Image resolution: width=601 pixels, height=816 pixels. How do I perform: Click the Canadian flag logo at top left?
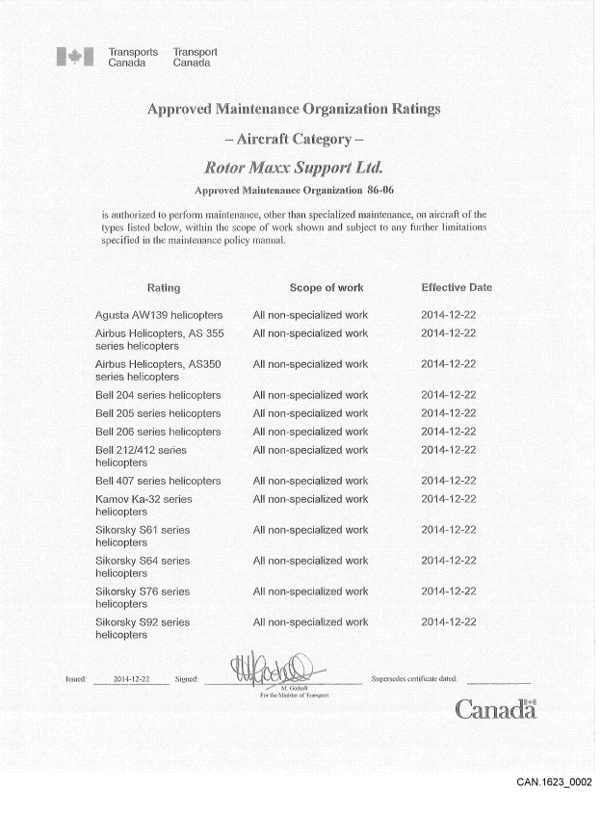point(75,58)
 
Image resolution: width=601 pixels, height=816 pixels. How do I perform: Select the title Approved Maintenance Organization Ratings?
point(294,108)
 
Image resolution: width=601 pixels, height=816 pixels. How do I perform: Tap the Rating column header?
point(163,288)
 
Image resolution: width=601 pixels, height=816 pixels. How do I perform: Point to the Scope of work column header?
point(327,288)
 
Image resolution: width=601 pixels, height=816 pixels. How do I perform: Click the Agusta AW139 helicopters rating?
point(159,315)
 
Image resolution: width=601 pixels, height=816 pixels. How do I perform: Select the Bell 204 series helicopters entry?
point(158,395)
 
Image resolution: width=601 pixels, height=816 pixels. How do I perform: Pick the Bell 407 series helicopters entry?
point(158,481)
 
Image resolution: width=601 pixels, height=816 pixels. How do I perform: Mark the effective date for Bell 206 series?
point(449,432)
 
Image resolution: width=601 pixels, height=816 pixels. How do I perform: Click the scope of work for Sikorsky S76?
point(310,592)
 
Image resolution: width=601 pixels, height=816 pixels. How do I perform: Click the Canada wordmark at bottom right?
point(495,711)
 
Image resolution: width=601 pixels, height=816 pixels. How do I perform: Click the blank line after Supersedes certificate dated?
point(497,680)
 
